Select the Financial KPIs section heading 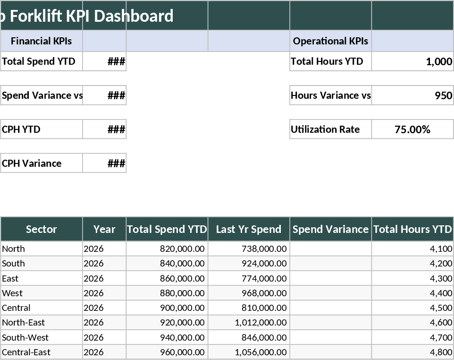click(41, 41)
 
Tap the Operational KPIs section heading click(330, 41)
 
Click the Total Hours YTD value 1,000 click(438, 61)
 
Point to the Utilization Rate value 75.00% click(412, 129)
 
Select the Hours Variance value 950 click(443, 95)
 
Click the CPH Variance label click(32, 163)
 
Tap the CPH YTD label click(21, 129)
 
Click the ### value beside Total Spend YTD click(116, 61)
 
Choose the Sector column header click(41, 229)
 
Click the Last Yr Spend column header click(249, 229)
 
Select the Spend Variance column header click(330, 229)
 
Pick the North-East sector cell click(24, 323)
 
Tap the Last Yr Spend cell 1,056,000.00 click(261, 352)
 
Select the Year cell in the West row click(93, 293)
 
